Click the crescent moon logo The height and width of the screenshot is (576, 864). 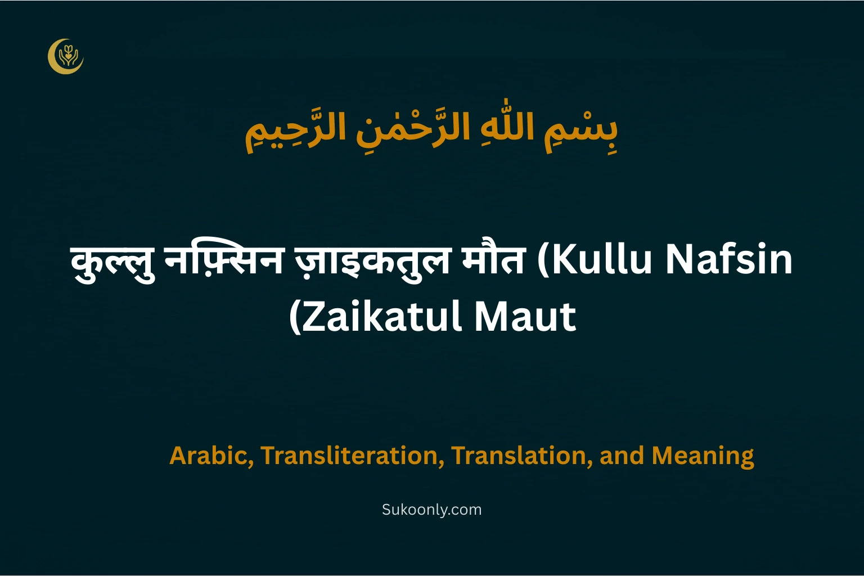point(65,56)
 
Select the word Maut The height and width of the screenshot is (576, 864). point(525,317)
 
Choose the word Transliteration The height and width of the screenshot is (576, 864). point(349,456)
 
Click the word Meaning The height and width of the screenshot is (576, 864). point(703,456)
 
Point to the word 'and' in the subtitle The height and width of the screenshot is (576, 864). point(622,456)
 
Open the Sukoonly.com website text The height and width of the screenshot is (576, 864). point(431,510)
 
